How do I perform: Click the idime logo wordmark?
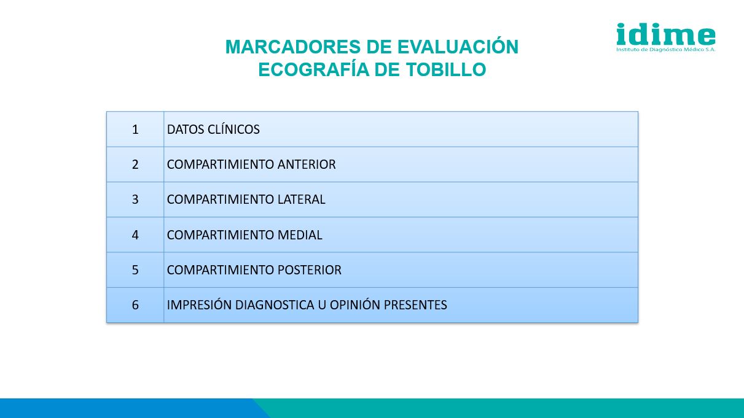point(665,34)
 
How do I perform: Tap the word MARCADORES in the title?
point(293,47)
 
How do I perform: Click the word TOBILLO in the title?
point(446,69)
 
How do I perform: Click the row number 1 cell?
point(135,130)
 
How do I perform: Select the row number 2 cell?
point(135,164)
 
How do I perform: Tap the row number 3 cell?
point(135,199)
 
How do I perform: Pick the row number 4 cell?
point(135,235)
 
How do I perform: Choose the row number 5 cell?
point(135,270)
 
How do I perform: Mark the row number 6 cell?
point(135,305)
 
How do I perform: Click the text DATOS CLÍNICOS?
point(213,129)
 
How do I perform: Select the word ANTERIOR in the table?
point(307,164)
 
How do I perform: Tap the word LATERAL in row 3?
point(301,199)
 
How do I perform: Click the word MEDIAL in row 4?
point(300,235)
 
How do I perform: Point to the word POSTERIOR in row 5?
point(309,270)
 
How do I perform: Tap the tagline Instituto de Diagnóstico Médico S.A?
point(665,50)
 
